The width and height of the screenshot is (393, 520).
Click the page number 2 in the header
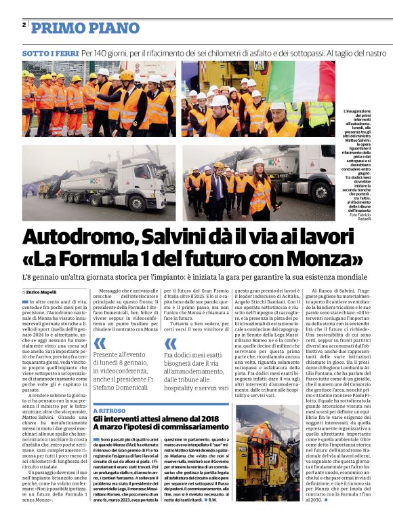(24, 26)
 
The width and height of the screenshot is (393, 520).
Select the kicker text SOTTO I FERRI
(49, 52)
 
